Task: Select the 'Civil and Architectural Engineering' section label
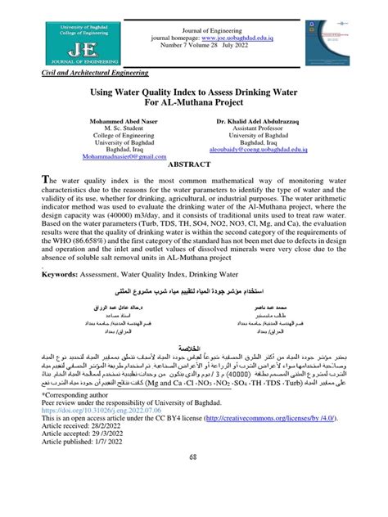point(90,74)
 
